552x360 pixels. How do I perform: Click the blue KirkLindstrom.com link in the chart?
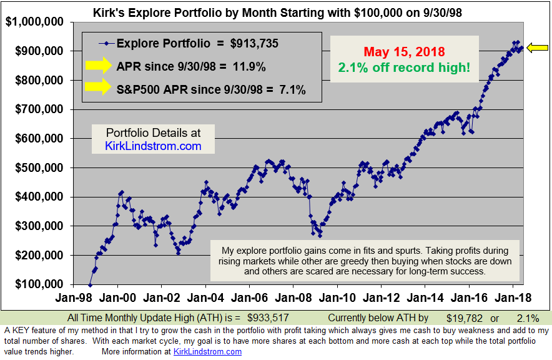tap(153, 146)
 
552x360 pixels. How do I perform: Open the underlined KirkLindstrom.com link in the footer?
tap(207, 352)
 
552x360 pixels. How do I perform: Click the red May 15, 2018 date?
tap(404, 51)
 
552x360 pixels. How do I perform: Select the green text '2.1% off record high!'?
tap(404, 66)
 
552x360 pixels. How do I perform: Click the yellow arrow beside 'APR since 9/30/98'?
tap(97, 66)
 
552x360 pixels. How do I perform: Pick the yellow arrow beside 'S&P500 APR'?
tap(97, 89)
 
